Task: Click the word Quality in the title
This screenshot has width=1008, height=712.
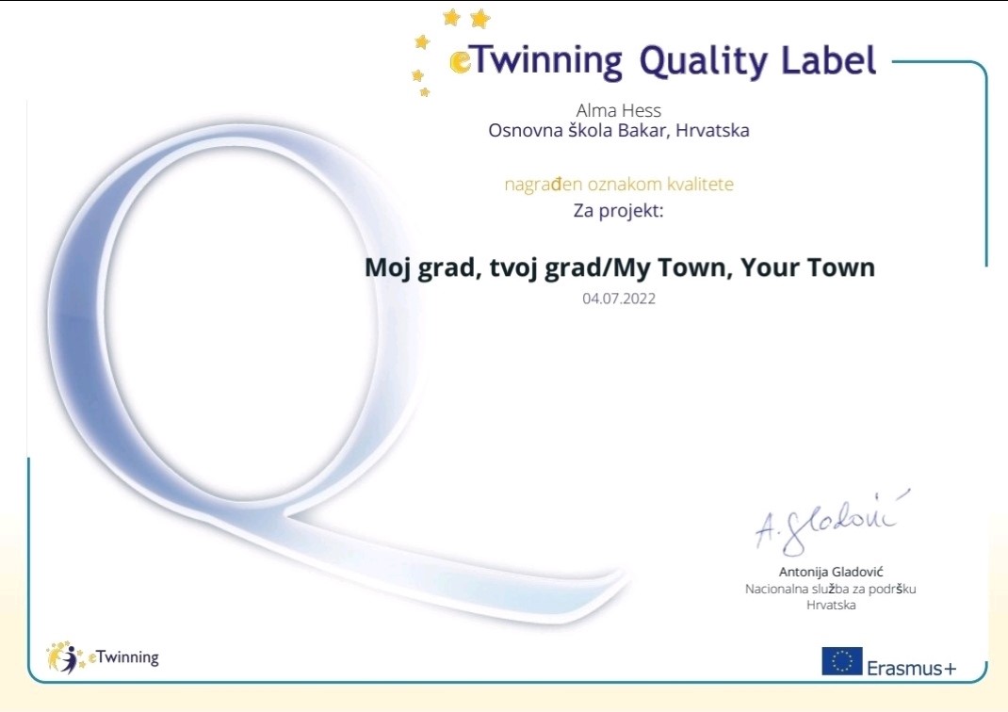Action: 704,62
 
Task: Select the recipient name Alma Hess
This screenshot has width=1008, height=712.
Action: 618,110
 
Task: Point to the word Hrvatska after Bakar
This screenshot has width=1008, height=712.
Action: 712,131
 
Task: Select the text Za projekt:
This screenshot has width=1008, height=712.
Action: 618,211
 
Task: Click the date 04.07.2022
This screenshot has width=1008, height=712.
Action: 619,299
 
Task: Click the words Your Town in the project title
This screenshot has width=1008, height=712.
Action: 807,267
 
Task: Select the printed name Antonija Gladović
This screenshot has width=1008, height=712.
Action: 831,572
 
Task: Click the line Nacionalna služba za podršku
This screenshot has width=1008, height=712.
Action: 831,589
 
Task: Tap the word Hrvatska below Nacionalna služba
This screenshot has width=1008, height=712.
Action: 831,605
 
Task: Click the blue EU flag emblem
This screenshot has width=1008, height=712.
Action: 841,661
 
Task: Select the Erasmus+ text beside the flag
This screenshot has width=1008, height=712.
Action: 912,669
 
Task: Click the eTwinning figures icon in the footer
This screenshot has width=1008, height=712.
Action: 64,657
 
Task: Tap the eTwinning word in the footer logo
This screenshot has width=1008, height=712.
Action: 123,657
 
